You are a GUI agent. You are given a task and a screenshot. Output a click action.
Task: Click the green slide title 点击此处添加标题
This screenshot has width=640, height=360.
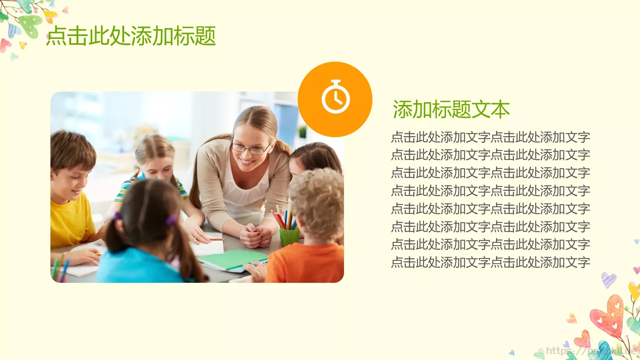tap(131, 36)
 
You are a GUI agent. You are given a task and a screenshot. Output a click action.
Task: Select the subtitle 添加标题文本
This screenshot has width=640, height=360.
tap(451, 110)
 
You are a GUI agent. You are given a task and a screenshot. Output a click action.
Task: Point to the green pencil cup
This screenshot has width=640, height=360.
tap(289, 237)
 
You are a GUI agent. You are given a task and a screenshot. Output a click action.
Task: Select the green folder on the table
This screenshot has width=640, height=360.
tap(234, 259)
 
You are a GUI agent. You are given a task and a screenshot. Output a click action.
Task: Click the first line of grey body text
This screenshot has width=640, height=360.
tap(490, 137)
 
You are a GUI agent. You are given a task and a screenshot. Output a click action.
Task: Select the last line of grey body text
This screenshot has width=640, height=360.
tap(490, 262)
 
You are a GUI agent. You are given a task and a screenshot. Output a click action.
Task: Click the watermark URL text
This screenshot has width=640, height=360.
tap(590, 351)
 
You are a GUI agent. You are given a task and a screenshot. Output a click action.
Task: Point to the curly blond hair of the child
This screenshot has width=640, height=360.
tap(318, 200)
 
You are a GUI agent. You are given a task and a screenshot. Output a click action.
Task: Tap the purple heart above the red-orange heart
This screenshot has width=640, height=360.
tap(608, 280)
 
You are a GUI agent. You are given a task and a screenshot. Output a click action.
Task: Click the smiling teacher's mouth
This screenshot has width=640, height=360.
tap(246, 162)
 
